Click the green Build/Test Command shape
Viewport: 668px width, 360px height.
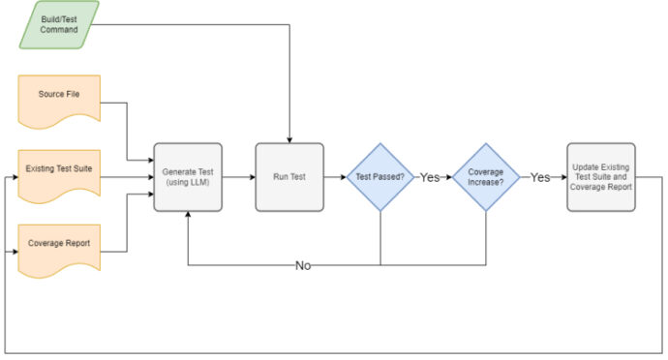[59, 23]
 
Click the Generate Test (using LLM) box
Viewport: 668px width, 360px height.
[187, 177]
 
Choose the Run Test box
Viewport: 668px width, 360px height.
[288, 177]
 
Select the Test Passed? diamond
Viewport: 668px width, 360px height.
[380, 177]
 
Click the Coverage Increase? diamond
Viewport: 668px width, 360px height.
[486, 177]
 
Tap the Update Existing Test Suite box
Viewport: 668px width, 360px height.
[600, 177]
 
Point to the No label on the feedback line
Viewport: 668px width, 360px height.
[303, 264]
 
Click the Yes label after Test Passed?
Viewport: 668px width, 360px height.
[430, 178]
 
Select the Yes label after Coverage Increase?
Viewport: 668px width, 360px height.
[540, 178]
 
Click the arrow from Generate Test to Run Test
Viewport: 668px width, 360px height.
[238, 177]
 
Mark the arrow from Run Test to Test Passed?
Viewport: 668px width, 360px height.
[334, 177]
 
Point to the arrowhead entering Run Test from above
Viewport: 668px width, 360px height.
[288, 139]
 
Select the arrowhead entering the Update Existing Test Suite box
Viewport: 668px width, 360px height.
[562, 177]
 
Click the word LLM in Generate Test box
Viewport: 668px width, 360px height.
[197, 184]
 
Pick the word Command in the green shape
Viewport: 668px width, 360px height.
[59, 30]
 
